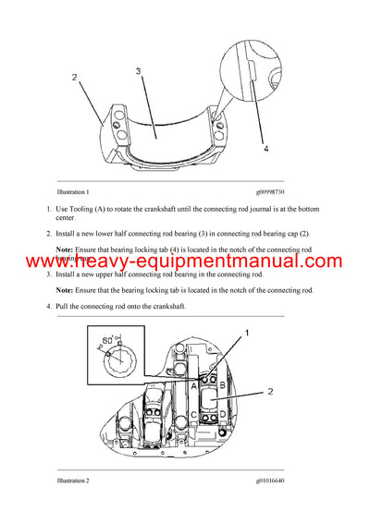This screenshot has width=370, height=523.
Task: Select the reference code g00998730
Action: [277, 191]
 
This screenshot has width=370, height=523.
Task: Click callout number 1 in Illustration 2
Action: [245, 331]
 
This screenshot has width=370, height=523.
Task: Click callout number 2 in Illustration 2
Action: [269, 391]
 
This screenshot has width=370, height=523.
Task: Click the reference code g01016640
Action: [277, 480]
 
